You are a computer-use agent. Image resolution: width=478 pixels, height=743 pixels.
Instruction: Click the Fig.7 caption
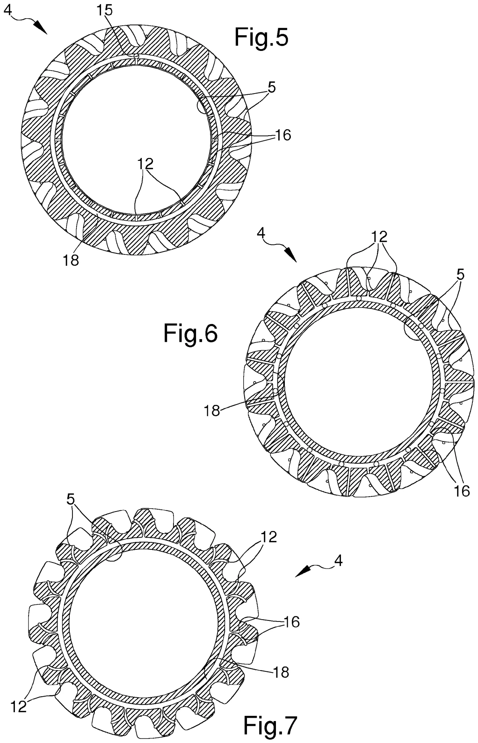click(x=270, y=721)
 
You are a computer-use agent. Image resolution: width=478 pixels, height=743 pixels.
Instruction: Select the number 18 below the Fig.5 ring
click(x=71, y=260)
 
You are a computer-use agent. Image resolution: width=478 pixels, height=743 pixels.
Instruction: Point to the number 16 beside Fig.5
click(x=283, y=135)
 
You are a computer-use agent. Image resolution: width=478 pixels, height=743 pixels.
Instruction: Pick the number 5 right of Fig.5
click(x=272, y=88)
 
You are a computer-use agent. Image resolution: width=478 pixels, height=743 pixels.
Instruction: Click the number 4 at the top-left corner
click(x=7, y=10)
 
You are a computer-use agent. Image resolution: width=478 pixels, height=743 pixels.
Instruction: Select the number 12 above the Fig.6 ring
click(x=379, y=236)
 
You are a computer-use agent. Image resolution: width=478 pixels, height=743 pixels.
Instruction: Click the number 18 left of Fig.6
click(x=212, y=411)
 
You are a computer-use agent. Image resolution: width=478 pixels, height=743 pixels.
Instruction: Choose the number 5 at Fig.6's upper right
click(x=461, y=275)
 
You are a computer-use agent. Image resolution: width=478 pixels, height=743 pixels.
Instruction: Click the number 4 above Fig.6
click(x=261, y=233)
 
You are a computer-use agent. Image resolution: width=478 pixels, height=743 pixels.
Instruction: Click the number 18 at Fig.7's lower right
click(x=280, y=672)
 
